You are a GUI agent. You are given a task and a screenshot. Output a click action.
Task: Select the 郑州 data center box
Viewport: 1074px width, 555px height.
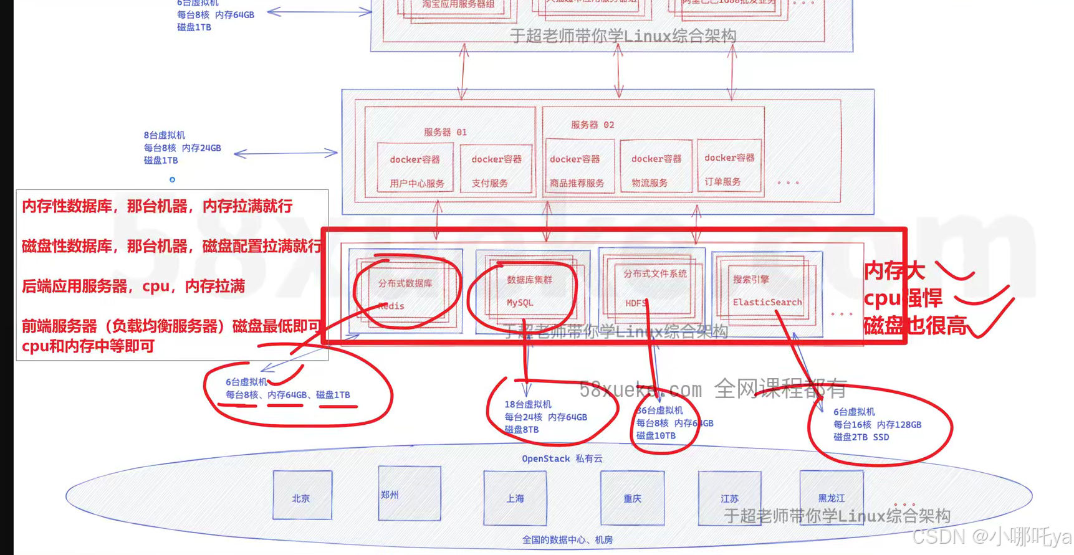pyautogui.click(x=409, y=493)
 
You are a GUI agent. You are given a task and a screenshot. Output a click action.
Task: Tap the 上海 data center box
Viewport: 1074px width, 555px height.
pyautogui.click(x=515, y=498)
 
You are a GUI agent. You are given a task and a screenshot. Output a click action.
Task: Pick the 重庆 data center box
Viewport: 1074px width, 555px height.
pyautogui.click(x=632, y=498)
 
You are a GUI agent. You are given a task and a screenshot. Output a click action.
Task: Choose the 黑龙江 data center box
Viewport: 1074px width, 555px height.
pyautogui.click(x=832, y=497)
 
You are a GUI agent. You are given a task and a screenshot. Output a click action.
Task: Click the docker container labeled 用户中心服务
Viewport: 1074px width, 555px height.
pyautogui.click(x=416, y=170)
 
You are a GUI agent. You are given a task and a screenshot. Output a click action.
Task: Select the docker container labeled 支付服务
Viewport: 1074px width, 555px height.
pyautogui.click(x=496, y=170)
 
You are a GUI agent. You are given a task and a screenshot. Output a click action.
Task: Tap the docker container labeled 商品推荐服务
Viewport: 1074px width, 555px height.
pyautogui.click(x=577, y=170)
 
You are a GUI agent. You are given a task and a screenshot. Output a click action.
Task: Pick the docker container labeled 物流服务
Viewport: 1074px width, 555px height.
pyautogui.click(x=656, y=169)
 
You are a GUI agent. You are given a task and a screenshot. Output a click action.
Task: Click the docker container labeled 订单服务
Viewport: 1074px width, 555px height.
pyautogui.click(x=729, y=168)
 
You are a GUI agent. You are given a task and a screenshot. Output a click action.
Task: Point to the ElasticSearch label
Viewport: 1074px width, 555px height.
pyautogui.click(x=767, y=302)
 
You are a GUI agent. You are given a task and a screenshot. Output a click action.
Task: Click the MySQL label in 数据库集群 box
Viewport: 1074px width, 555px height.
pyautogui.click(x=520, y=303)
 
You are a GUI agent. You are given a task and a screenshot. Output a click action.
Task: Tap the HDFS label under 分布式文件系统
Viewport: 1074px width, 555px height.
pyautogui.click(x=636, y=303)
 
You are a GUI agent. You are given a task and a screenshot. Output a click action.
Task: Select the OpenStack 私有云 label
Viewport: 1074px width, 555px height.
pyautogui.click(x=562, y=458)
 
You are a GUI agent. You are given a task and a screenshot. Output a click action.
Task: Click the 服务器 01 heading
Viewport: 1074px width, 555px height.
pyautogui.click(x=444, y=132)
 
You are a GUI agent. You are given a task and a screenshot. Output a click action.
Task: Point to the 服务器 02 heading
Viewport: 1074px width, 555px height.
pyautogui.click(x=592, y=125)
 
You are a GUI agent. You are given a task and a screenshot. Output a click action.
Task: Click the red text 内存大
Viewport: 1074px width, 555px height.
pyautogui.click(x=894, y=270)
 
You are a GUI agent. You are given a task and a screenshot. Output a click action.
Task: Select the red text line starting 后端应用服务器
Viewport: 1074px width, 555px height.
pyautogui.click(x=133, y=286)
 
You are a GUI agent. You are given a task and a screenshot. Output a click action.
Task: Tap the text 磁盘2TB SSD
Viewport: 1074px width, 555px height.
pyautogui.click(x=861, y=437)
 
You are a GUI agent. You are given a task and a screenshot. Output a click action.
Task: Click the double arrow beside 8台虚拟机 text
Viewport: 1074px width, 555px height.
pyautogui.click(x=285, y=153)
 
